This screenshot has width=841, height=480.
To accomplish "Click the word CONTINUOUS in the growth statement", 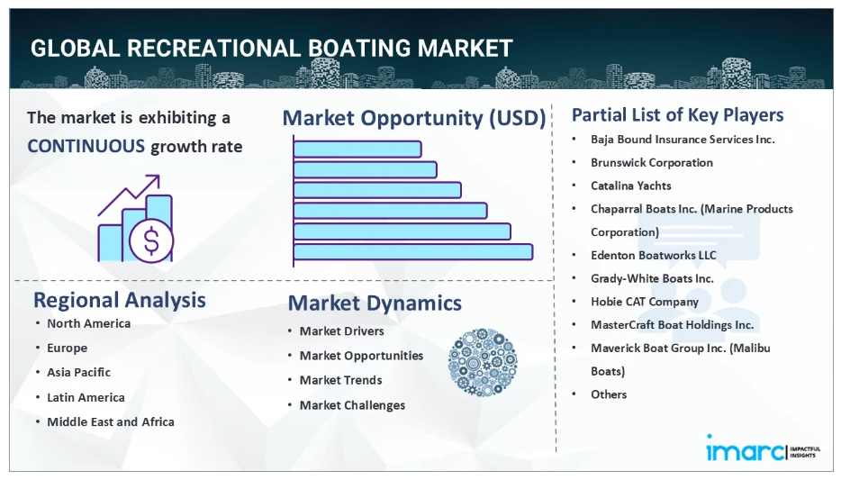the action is click(x=86, y=146).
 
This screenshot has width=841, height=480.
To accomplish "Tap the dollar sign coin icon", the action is click(x=152, y=240).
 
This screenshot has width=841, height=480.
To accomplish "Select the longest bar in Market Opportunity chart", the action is click(x=413, y=252).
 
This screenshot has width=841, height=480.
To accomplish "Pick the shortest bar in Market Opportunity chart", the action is click(x=357, y=149).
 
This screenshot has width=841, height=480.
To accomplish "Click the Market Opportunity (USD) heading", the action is click(x=414, y=118).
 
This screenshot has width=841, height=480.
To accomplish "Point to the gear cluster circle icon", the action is click(x=483, y=363).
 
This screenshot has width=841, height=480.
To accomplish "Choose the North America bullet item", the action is click(x=88, y=323).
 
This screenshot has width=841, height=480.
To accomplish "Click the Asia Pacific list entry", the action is click(x=79, y=372).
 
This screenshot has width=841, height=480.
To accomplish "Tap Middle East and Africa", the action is click(x=111, y=422).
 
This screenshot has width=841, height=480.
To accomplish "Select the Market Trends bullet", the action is click(x=340, y=380).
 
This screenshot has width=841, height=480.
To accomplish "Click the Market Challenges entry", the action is click(x=352, y=405).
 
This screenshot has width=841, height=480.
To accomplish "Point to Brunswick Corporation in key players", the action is click(x=652, y=162).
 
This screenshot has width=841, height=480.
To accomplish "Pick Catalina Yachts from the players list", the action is click(x=630, y=186).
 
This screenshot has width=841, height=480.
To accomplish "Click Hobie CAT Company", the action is click(x=645, y=302).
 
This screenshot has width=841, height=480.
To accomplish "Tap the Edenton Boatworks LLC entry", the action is click(x=654, y=255).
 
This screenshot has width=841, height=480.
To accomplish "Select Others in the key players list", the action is click(x=609, y=394).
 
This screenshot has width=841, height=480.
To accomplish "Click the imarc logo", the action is click(x=762, y=448).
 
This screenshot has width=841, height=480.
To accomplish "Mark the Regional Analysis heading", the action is click(x=120, y=300).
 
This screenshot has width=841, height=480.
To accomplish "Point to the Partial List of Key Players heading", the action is click(x=677, y=114).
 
